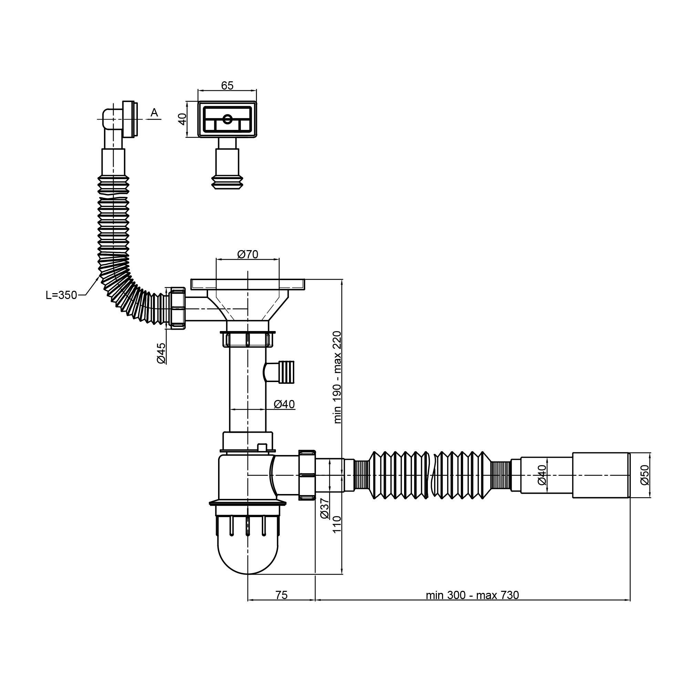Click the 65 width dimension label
[227, 85]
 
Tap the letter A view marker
[154, 113]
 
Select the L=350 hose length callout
[61, 295]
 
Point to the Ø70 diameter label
[247, 255]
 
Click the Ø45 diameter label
[161, 353]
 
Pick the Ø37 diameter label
[324, 509]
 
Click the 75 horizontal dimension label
[281, 595]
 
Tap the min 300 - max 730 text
[473, 595]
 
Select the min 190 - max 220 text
[337, 377]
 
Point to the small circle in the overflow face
[227, 119]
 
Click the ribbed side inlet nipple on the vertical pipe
[280, 372]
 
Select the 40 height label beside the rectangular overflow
[183, 119]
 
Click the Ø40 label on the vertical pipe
[284, 404]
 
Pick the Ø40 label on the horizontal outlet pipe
[542, 475]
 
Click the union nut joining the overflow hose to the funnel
[177, 308]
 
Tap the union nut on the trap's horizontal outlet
[307, 475]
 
